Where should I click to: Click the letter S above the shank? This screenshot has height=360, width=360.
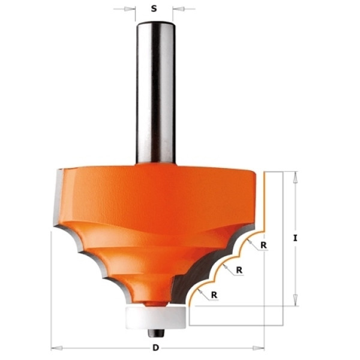click(x=154, y=9)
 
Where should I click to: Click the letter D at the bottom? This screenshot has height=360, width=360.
click(x=155, y=348)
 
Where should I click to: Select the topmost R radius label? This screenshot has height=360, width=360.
click(x=263, y=245)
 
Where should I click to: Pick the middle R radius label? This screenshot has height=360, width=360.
click(x=239, y=270)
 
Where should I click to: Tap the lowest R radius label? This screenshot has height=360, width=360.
click(x=214, y=295)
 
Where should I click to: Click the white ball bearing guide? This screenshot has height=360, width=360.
click(x=156, y=318)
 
